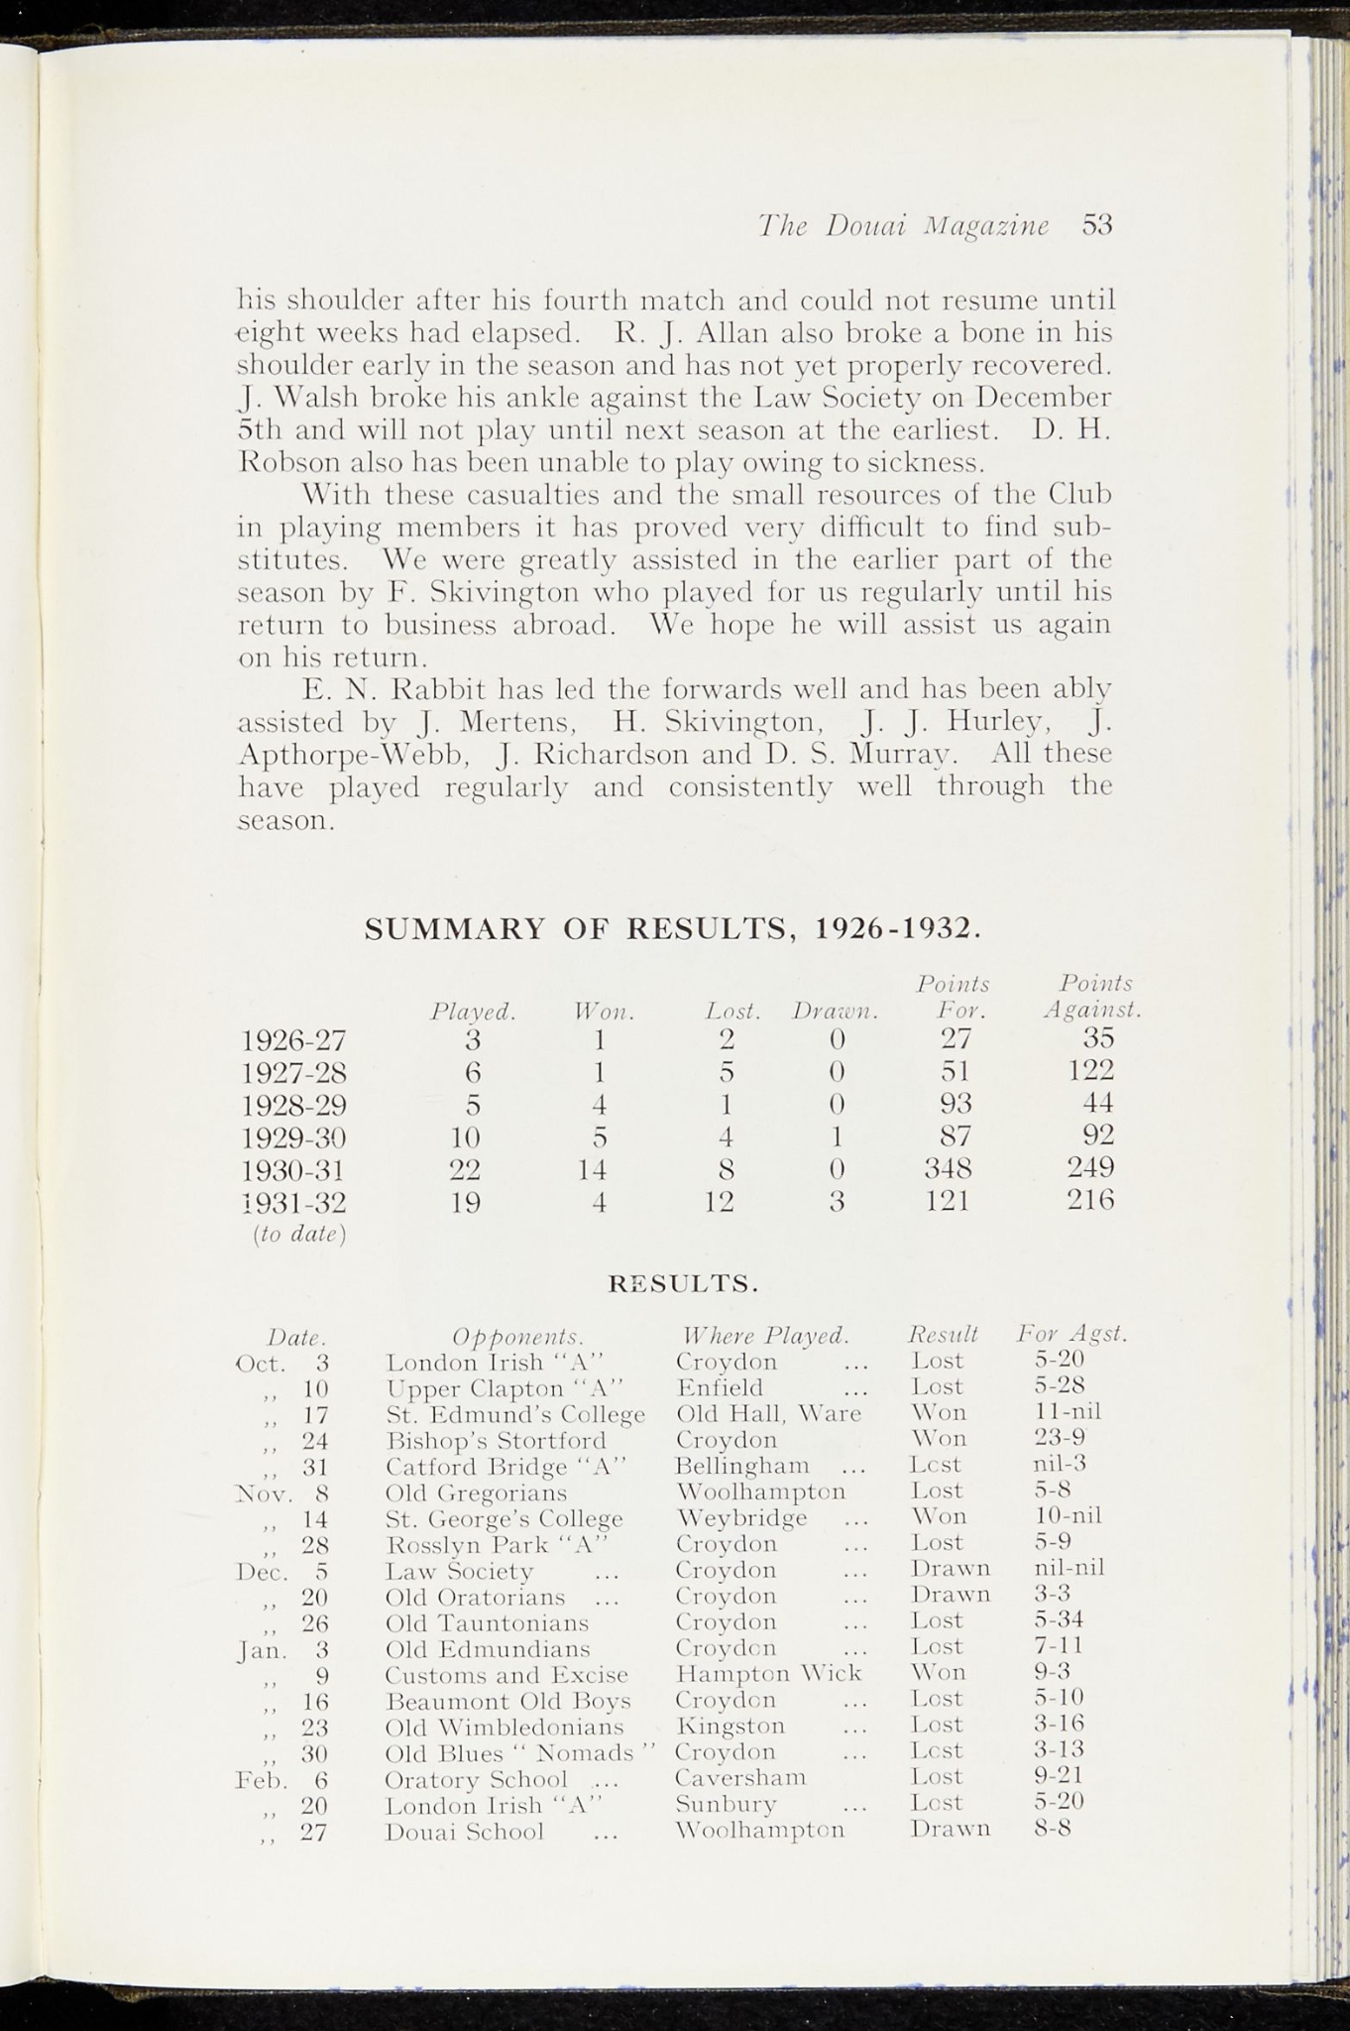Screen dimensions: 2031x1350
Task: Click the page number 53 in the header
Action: pos(1098,225)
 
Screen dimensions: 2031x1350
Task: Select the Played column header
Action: pos(473,1013)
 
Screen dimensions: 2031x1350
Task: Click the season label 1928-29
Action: pos(293,1104)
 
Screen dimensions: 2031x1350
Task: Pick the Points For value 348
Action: pos(948,1167)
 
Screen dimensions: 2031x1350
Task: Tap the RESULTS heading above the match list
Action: pos(683,1285)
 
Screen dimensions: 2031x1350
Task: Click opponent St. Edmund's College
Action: pos(514,1413)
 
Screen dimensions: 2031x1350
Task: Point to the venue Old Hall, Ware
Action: pos(768,1412)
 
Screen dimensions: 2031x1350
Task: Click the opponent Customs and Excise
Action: pos(506,1675)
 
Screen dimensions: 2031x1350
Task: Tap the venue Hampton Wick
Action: pos(768,1674)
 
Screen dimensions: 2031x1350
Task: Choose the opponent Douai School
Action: pos(464,1832)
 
